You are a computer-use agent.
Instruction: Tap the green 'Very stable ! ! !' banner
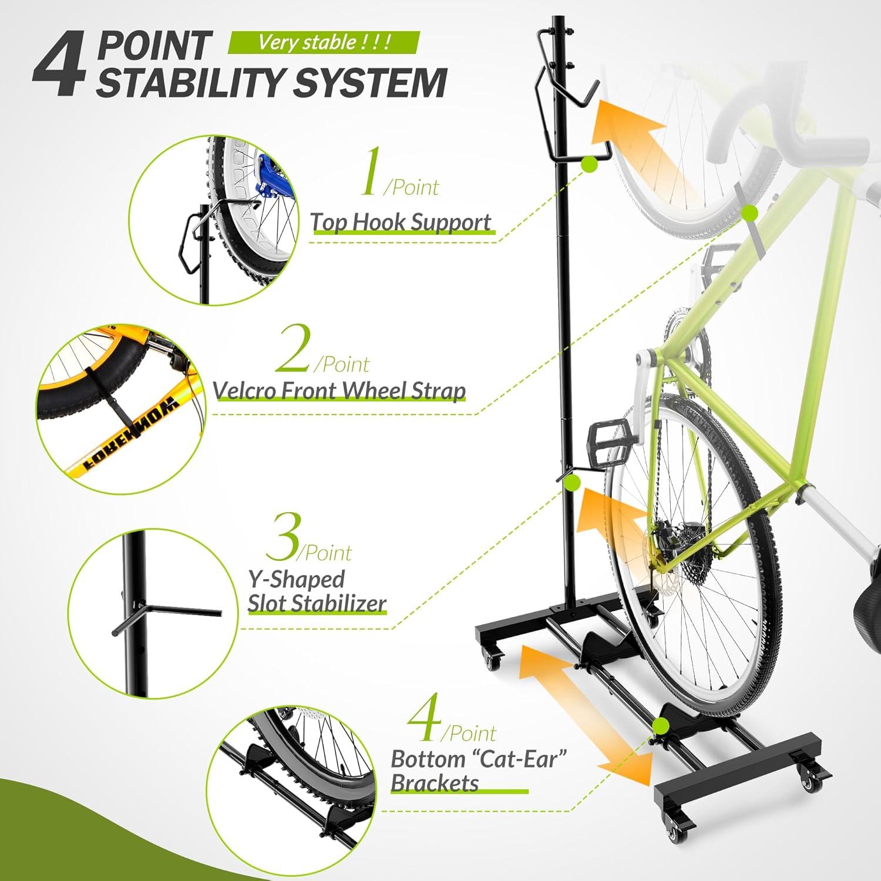[324, 42]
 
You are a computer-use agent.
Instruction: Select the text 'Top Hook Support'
[401, 223]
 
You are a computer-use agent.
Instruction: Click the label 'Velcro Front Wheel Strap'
[339, 390]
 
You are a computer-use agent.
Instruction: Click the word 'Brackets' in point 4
[435, 784]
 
